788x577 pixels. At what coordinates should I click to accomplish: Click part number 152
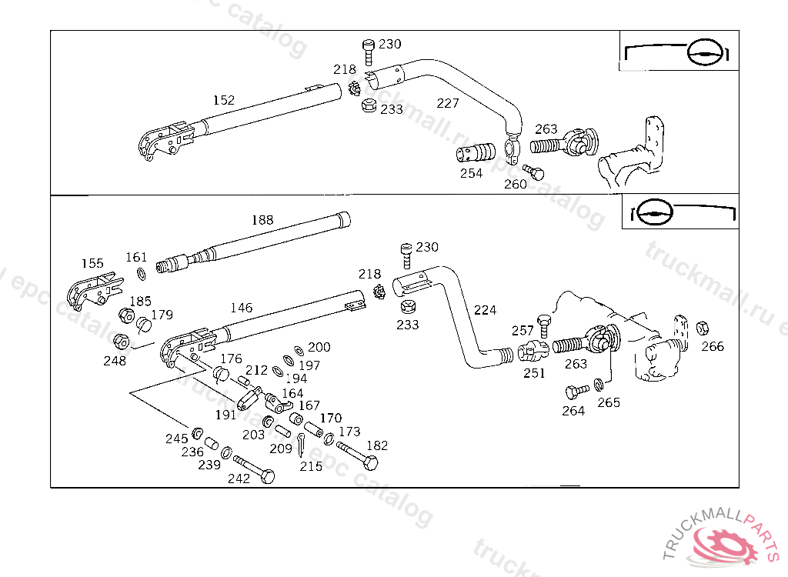point(224,100)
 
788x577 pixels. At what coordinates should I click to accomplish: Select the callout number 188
point(262,220)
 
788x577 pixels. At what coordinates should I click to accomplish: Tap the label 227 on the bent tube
point(447,104)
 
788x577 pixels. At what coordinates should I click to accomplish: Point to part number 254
point(471,173)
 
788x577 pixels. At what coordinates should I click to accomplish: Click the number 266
point(713,346)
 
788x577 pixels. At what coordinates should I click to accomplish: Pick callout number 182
point(377,445)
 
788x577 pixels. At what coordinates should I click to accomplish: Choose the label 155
point(92,263)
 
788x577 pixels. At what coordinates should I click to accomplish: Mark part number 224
point(485,310)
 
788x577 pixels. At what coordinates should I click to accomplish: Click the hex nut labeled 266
point(702,329)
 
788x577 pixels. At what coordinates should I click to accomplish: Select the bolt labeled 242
point(255,469)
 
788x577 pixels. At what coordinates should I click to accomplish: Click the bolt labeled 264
point(574,392)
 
